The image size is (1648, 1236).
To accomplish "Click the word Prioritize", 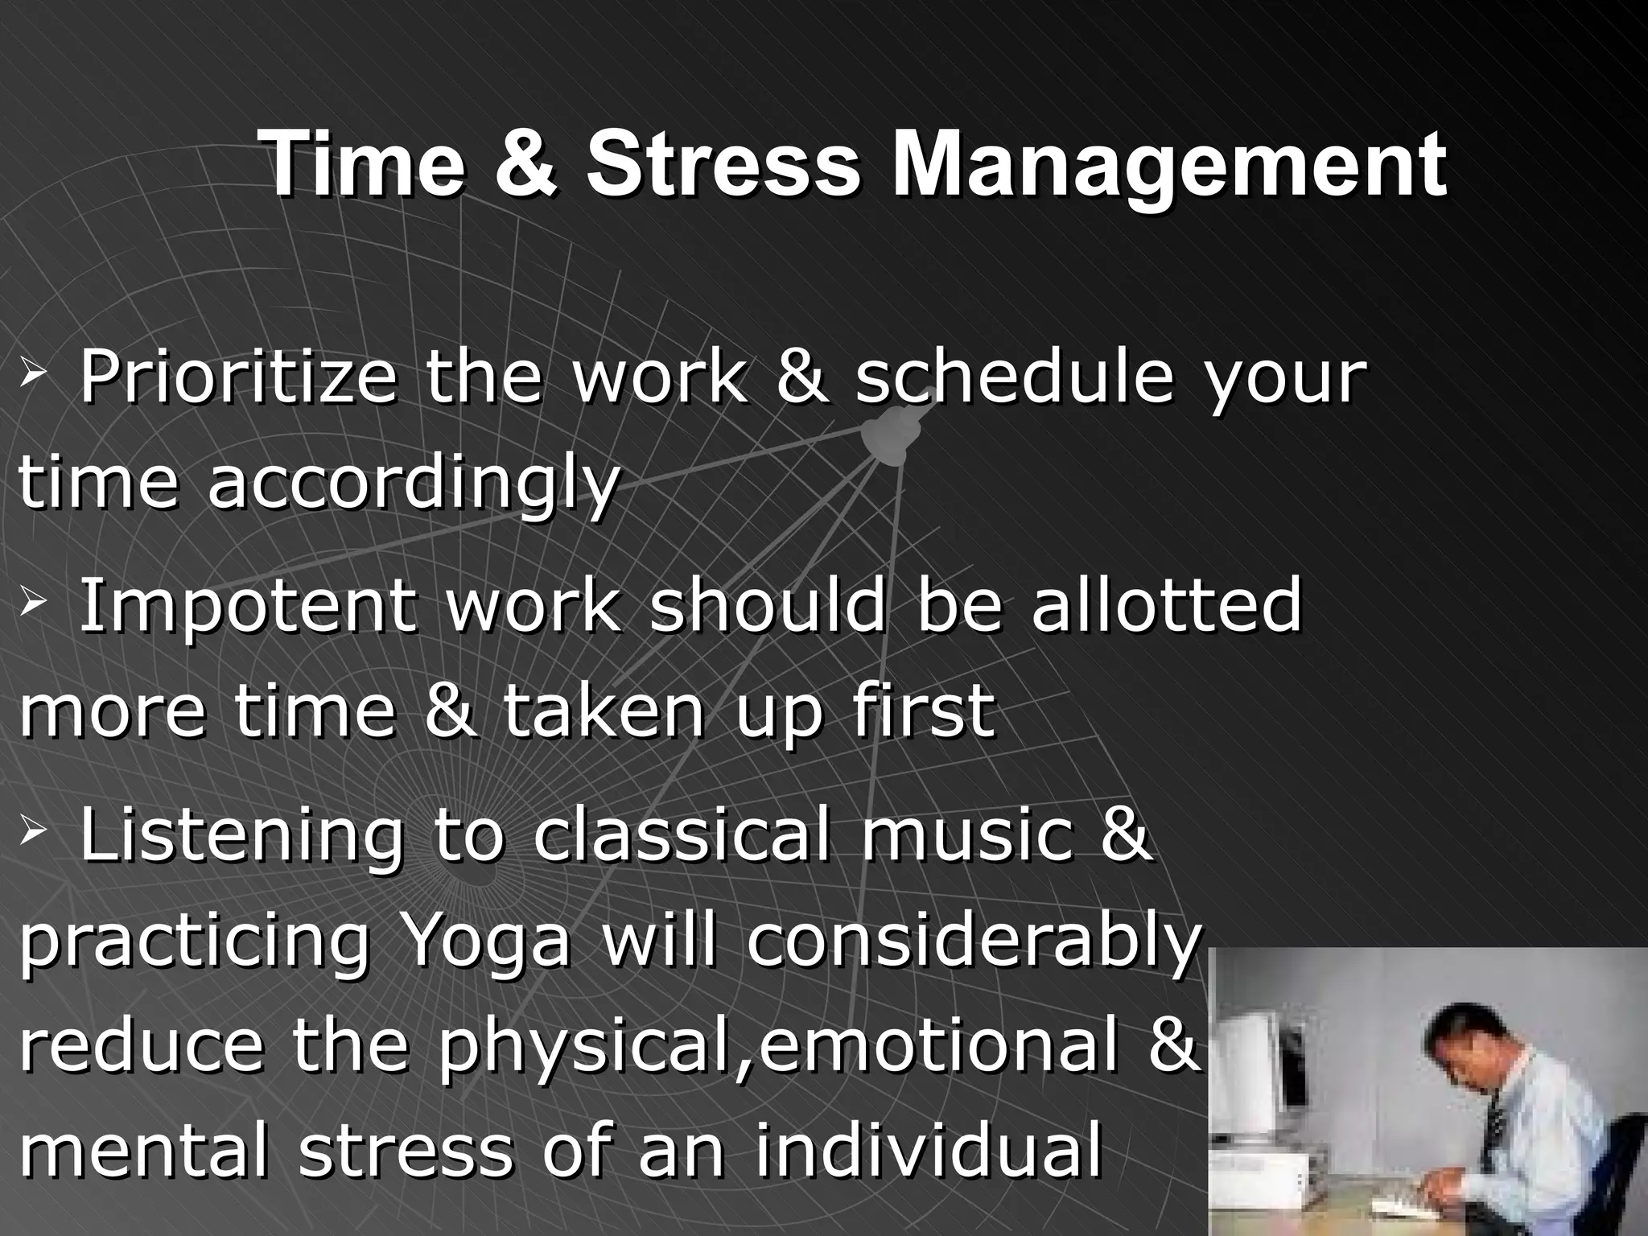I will coord(238,378).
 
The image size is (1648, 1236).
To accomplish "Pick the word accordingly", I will coord(414,484).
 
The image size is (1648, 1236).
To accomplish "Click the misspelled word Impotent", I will coord(248,605).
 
